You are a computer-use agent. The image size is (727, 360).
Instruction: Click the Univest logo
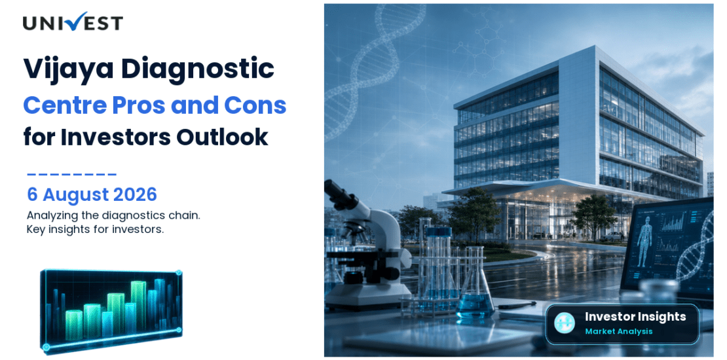click(73, 22)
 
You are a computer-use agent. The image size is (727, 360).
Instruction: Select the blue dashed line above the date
click(72, 175)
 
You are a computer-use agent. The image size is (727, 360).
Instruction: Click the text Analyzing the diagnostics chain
click(113, 216)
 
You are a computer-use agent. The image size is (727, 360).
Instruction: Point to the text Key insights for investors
click(96, 229)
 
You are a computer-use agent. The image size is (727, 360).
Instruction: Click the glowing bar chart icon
click(111, 310)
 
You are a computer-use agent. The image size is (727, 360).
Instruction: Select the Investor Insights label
click(635, 317)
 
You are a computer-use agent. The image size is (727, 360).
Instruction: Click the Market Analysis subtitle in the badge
click(618, 331)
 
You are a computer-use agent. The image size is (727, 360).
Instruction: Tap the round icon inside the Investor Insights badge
click(565, 323)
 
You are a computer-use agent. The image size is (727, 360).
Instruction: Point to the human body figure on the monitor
click(644, 242)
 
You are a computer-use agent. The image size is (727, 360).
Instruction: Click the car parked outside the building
click(612, 236)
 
